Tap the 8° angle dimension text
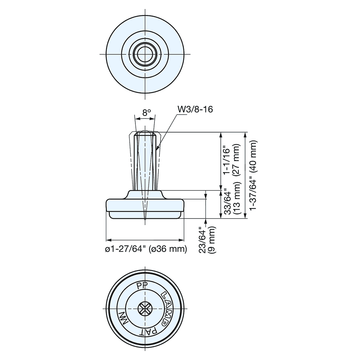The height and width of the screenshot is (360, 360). (x=146, y=112)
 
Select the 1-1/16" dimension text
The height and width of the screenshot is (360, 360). (x=226, y=160)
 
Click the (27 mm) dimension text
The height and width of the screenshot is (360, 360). (x=237, y=160)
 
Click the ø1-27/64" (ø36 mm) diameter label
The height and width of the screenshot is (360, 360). (x=146, y=249)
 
